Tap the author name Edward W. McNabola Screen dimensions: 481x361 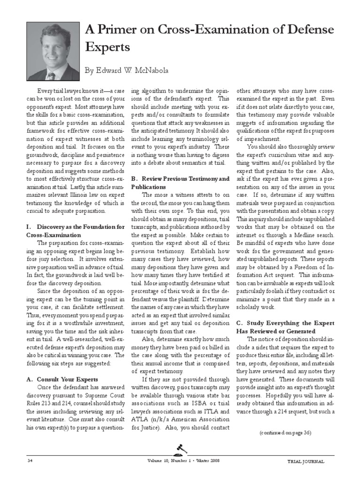(126, 70)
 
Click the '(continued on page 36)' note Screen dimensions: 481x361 (285, 432)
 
